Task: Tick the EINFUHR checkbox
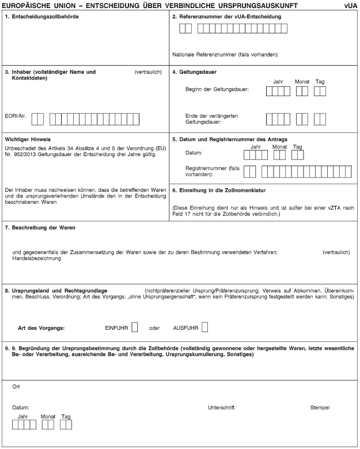click(x=135, y=327)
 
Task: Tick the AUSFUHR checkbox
click(x=204, y=327)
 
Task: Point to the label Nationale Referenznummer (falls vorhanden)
click(x=225, y=55)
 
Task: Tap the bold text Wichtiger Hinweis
click(x=28, y=139)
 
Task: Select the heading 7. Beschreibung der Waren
click(x=40, y=227)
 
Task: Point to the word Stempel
click(x=320, y=408)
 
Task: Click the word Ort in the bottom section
click(x=16, y=387)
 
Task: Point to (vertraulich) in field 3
click(x=147, y=72)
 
